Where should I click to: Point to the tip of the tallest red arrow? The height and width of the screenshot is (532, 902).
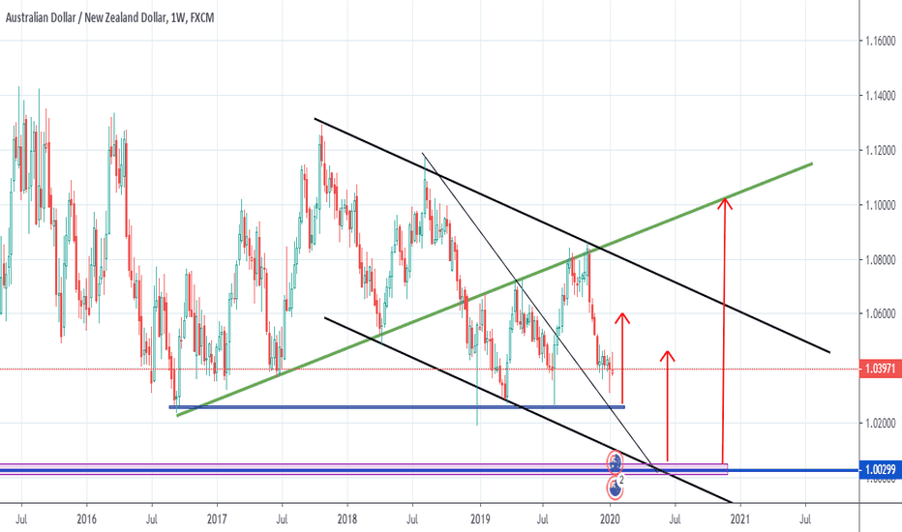coord(723,199)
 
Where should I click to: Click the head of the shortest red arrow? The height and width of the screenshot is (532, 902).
coord(622,315)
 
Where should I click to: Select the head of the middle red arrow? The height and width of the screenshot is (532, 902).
coord(667,353)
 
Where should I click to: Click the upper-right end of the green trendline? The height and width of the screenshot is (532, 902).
coord(811,163)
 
